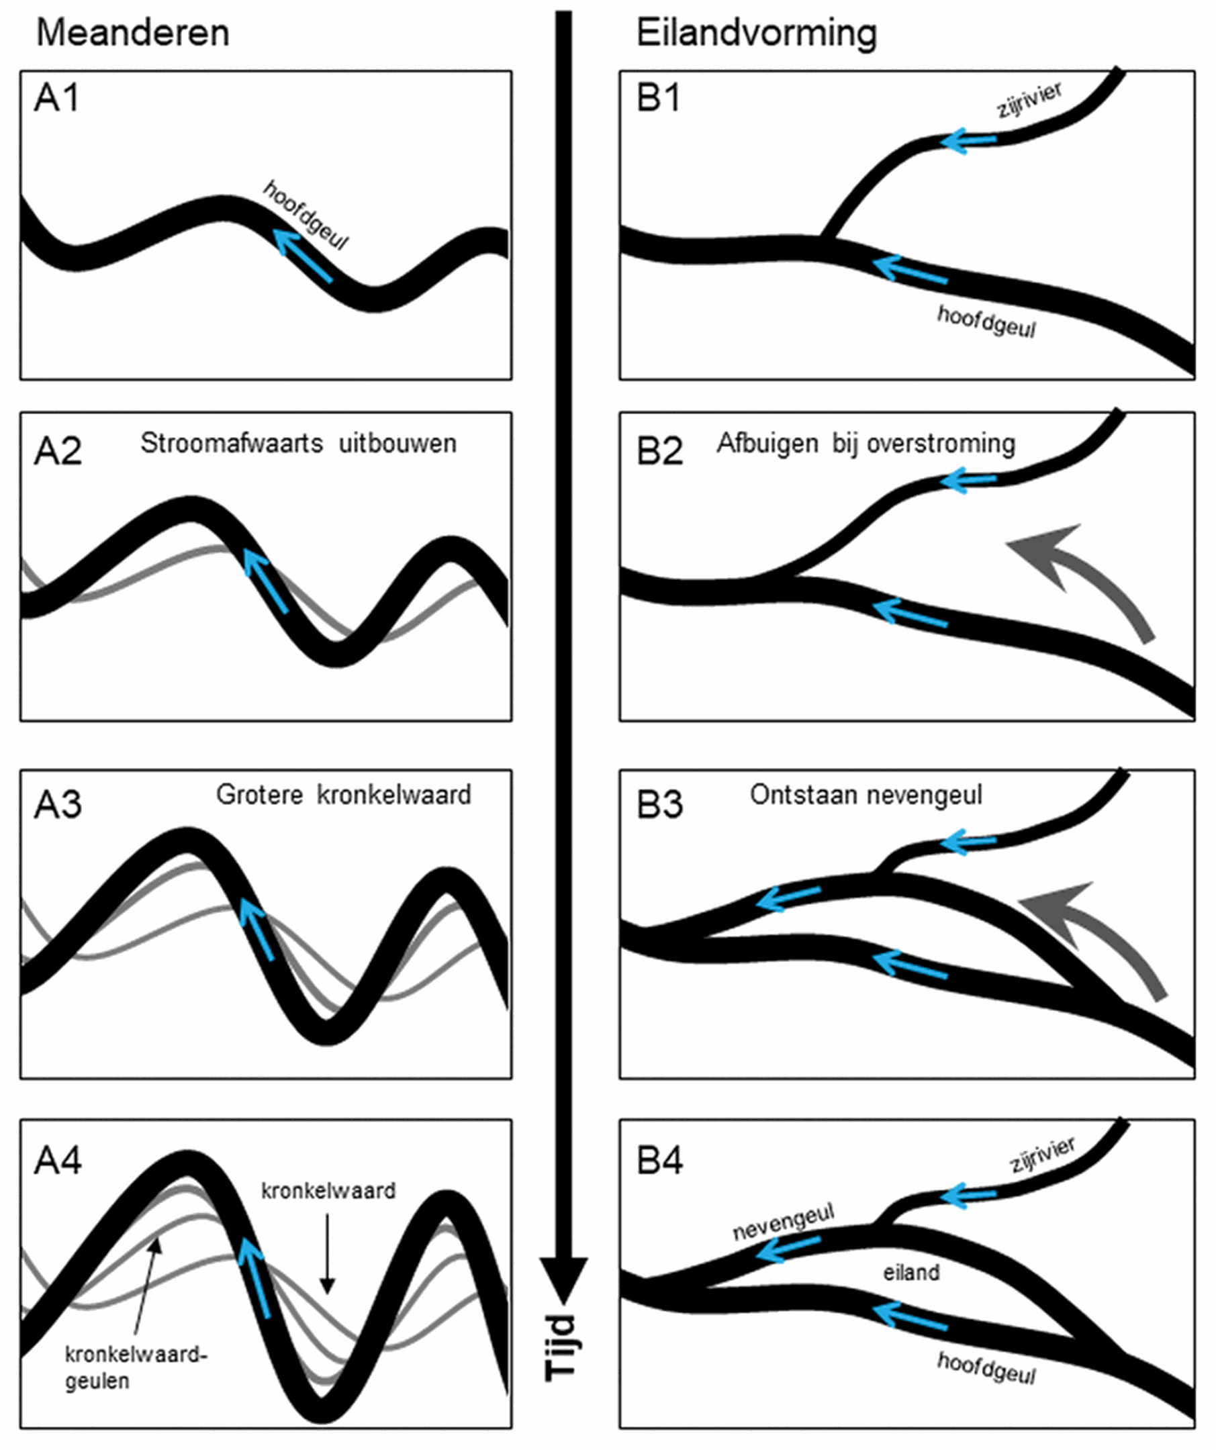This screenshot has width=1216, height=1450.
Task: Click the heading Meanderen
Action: click(x=132, y=33)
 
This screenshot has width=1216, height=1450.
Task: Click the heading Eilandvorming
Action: click(x=756, y=33)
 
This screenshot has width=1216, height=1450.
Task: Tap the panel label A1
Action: click(x=56, y=98)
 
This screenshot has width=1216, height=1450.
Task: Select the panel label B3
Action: click(x=659, y=804)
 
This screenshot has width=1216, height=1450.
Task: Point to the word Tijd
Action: click(x=561, y=1347)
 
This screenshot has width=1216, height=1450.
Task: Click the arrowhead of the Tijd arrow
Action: click(x=563, y=1277)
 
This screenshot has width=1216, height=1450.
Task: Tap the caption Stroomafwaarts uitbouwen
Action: click(x=298, y=443)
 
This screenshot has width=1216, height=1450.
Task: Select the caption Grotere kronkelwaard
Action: click(x=343, y=795)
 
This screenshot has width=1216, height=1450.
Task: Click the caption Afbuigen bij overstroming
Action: click(x=866, y=443)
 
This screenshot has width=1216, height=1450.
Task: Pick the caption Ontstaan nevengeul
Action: click(x=866, y=795)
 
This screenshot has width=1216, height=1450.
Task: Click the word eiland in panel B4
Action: click(x=911, y=1272)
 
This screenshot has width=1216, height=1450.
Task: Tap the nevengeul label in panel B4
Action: click(x=783, y=1222)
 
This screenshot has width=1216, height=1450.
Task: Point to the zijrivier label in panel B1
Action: click(x=1029, y=101)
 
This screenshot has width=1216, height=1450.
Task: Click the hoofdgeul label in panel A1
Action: click(x=306, y=215)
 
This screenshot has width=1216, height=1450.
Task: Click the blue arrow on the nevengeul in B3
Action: click(x=787, y=898)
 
